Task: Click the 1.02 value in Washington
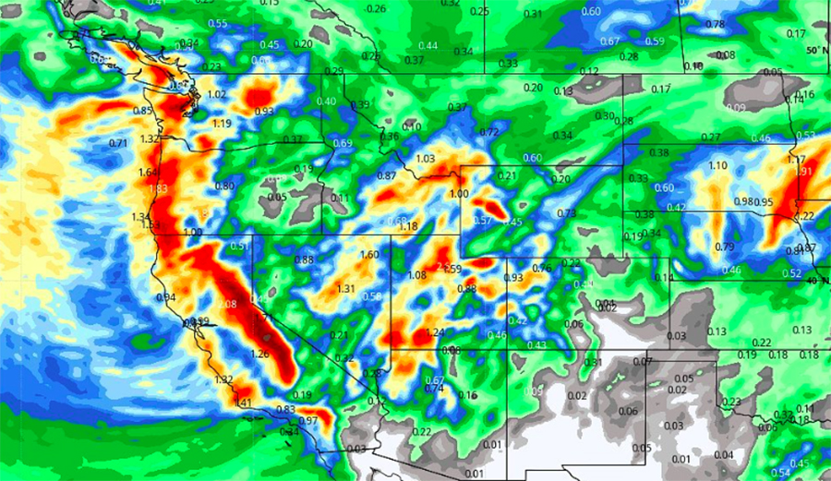218,94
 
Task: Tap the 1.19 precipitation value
222,124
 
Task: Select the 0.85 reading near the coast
143,112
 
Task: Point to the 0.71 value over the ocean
118,143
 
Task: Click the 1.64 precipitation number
149,173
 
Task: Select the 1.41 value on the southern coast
243,403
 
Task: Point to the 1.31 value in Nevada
346,289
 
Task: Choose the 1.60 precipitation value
369,255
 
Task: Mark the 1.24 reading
437,332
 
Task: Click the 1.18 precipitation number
408,226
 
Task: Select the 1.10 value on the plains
717,165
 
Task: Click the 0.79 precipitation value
725,247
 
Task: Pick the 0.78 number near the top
715,24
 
